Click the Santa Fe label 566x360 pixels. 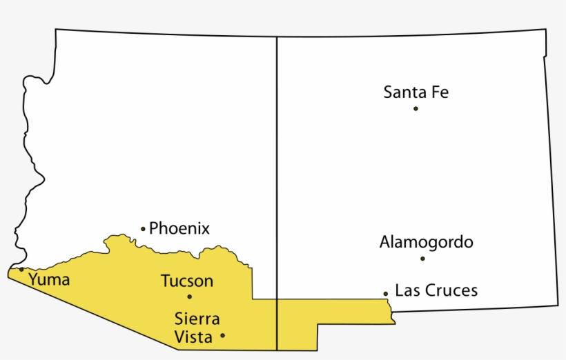416,92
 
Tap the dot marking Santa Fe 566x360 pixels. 416,108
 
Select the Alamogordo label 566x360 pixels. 426,243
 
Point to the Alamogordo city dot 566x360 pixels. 422,259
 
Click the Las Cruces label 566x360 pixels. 436,290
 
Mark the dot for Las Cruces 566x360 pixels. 386,294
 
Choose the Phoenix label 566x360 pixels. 179,228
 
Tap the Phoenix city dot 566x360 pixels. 143,228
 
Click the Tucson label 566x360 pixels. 187,281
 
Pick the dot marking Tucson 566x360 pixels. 190,297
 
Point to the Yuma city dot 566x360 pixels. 21,269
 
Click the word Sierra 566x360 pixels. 197,319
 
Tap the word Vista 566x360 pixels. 193,337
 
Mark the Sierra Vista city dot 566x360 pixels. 222,336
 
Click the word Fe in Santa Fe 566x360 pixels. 440,92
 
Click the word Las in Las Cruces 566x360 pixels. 406,290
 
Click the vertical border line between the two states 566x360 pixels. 277,172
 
